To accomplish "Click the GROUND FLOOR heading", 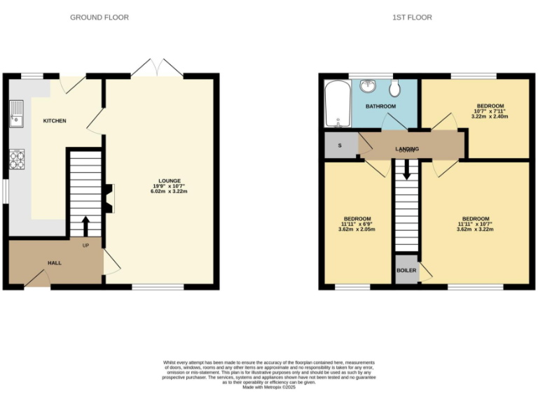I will tap(99, 17).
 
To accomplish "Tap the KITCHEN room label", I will tap(55, 121).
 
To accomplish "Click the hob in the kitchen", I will tap(16, 160).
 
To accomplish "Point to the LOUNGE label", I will tap(169, 181).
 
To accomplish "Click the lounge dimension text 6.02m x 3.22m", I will tap(169, 192).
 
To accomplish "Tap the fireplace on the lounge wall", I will tap(109, 197).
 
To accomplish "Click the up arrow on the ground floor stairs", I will tap(86, 226).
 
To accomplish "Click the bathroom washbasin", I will tap(368, 87).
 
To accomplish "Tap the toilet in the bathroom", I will tap(395, 88).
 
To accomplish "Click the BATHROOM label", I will tap(380, 106).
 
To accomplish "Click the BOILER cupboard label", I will tap(406, 270).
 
